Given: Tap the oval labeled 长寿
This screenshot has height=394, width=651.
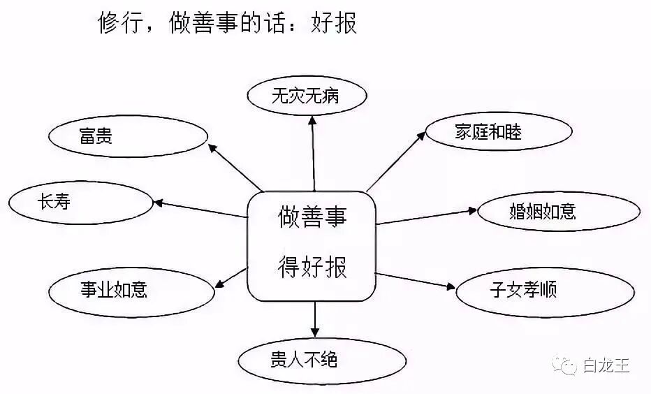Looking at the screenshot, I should [80, 203].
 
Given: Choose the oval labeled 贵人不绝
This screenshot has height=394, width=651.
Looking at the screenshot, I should [321, 359].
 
